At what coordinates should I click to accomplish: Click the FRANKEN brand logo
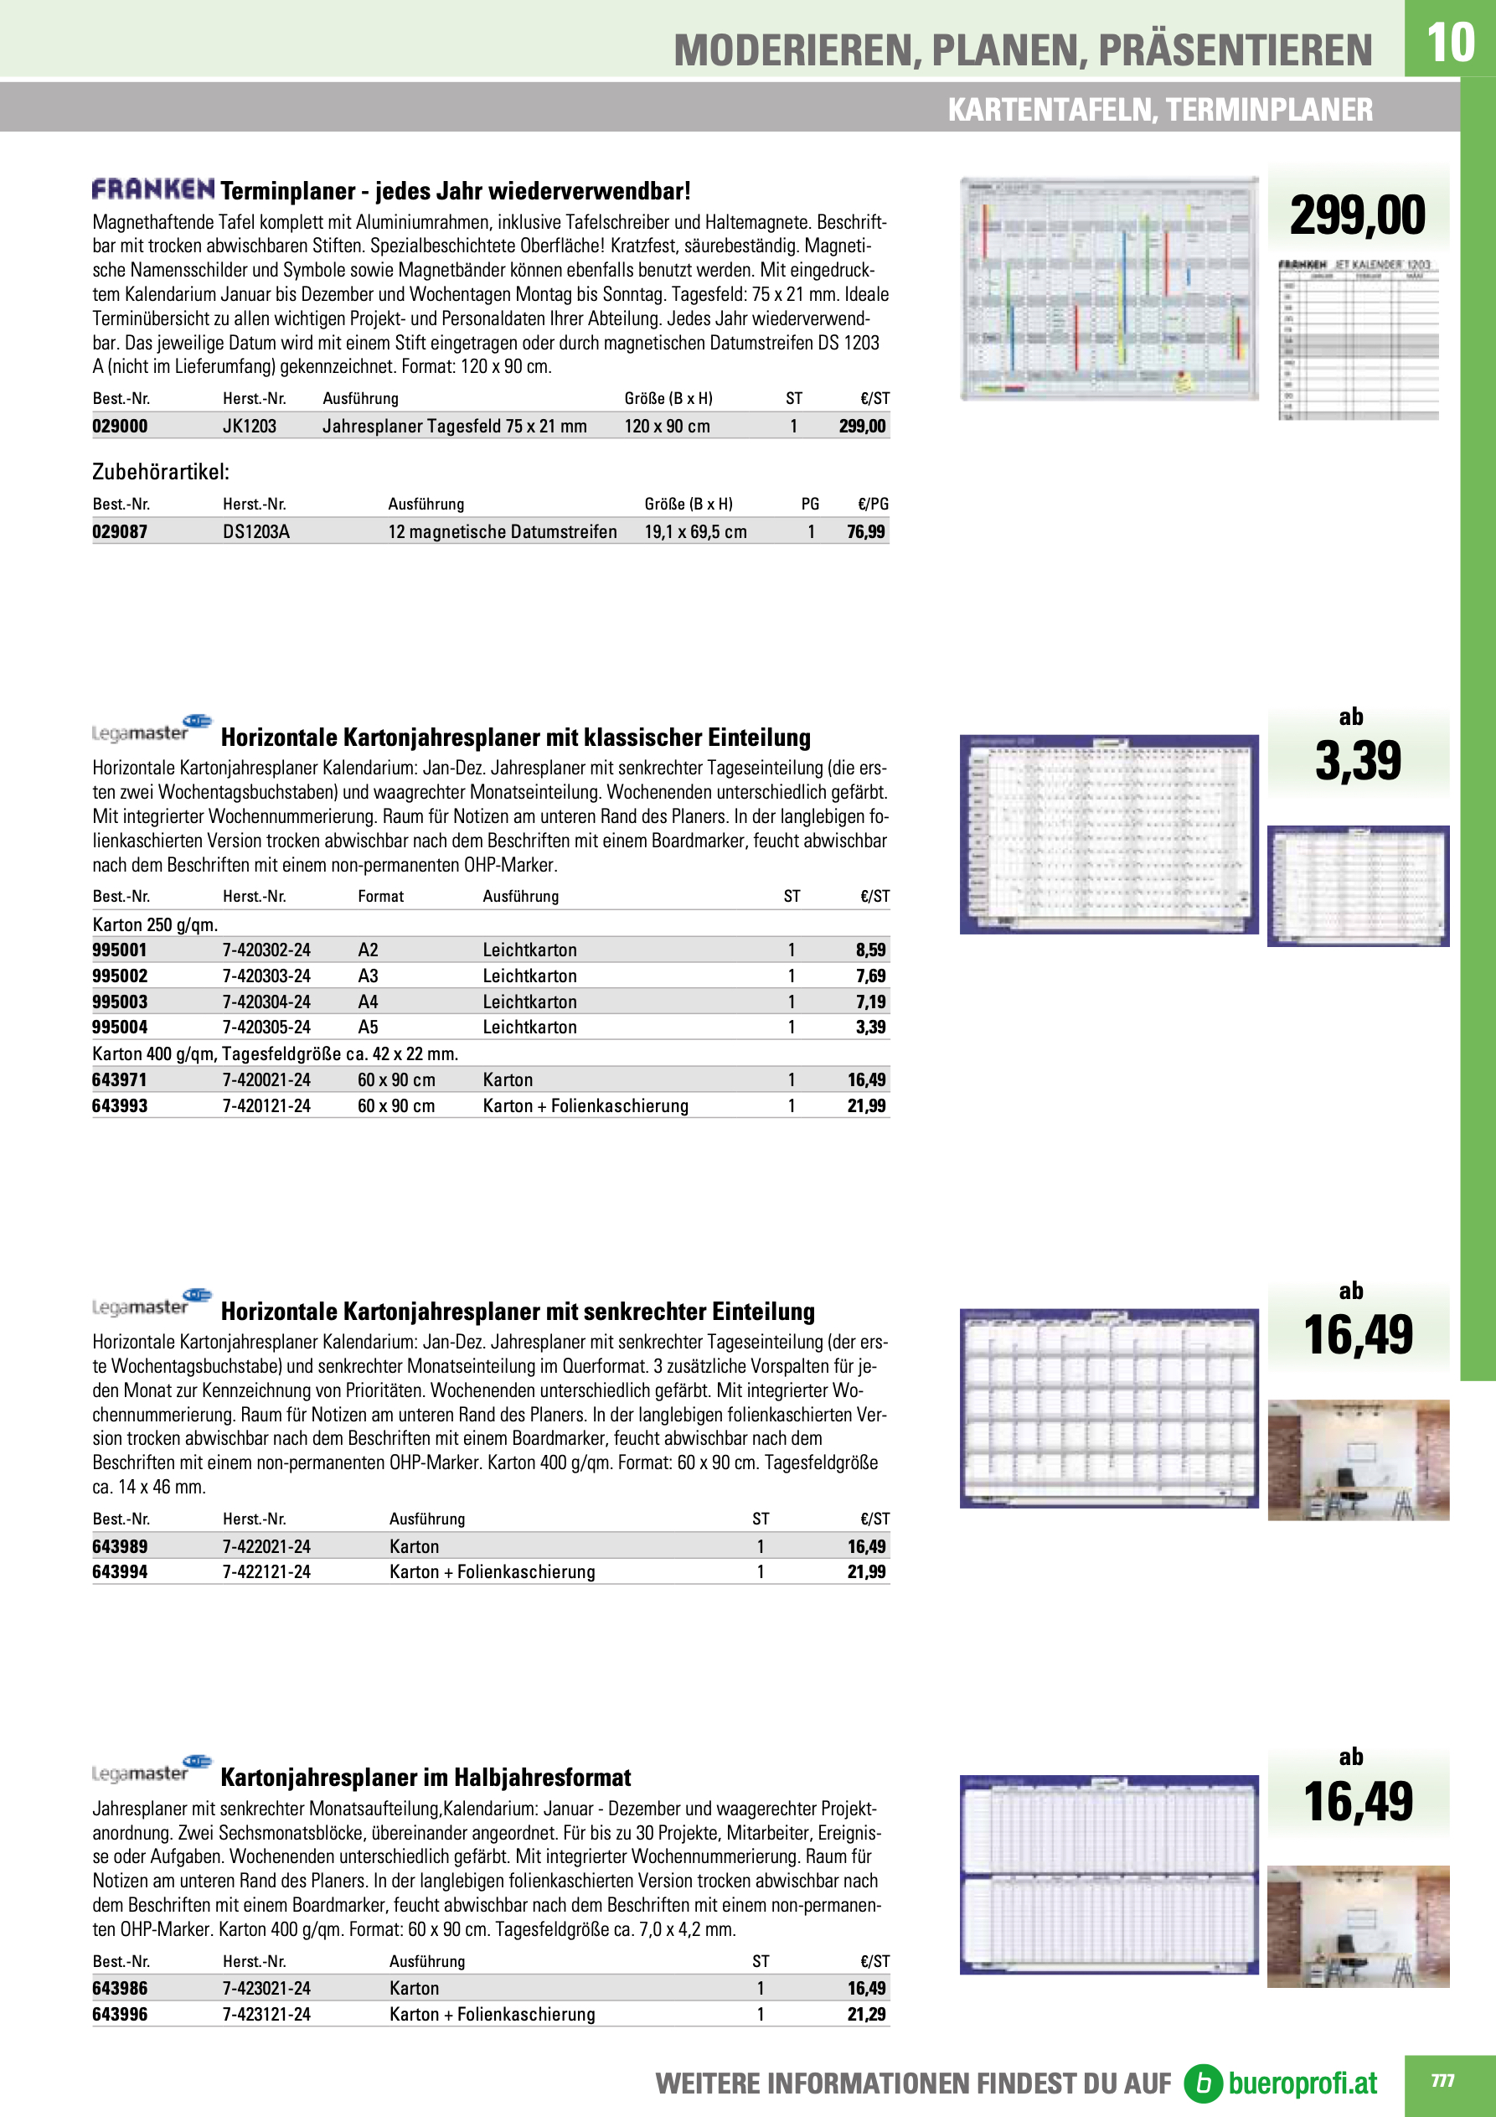pos(153,189)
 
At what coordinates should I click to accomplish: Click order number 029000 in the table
pos(120,426)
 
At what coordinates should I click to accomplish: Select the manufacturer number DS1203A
pos(256,532)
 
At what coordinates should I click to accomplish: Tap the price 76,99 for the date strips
pos(865,532)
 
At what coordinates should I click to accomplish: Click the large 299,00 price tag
pos(1357,215)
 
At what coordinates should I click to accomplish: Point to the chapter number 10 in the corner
pos(1449,43)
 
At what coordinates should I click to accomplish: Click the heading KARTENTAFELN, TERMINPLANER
pos(1159,110)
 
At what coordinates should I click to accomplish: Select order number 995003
pos(120,1002)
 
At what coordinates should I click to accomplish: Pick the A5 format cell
pos(368,1027)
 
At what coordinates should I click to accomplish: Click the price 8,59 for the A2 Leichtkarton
pos(870,950)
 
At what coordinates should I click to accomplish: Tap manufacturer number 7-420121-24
pos(266,1105)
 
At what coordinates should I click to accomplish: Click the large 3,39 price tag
pos(1358,761)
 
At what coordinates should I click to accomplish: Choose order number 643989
pos(120,1546)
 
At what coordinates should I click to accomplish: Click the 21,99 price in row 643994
pos(866,1572)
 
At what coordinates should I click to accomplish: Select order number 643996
pos(120,2015)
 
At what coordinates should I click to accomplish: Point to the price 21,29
pos(866,2015)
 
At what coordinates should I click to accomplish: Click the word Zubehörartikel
pos(160,472)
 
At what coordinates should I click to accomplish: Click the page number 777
pos(1442,2080)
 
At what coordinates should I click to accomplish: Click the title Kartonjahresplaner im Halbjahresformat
pos(426,1778)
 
